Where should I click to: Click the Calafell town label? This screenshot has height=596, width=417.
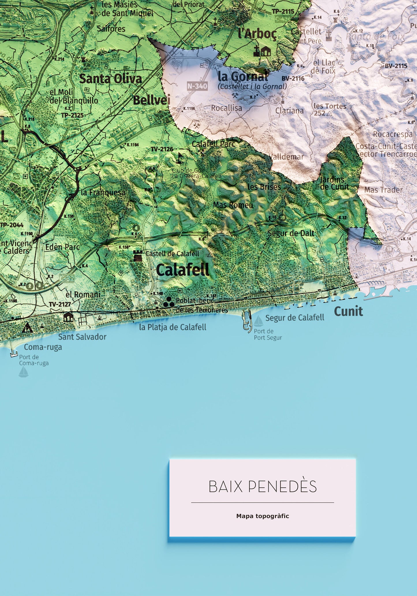[182, 270]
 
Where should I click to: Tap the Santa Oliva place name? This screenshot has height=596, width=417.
[110, 79]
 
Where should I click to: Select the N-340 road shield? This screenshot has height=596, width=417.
[197, 86]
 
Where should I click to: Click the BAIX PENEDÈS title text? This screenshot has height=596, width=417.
[262, 487]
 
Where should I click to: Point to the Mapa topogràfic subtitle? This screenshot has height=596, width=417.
[262, 516]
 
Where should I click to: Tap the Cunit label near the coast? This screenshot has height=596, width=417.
[348, 311]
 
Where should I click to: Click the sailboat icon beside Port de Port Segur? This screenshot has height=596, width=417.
[258, 321]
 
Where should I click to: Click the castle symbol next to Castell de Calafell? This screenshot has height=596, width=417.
[138, 256]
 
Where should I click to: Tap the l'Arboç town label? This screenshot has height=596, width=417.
[257, 34]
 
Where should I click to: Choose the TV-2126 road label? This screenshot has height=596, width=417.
[162, 149]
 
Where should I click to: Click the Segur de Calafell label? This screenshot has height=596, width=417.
[295, 318]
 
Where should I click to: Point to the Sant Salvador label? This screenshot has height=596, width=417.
[82, 337]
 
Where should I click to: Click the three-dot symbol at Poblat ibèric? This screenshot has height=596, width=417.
[169, 302]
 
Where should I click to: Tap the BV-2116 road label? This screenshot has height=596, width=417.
[293, 78]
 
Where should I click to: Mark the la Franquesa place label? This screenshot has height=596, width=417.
[103, 192]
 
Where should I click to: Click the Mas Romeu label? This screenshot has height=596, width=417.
[233, 205]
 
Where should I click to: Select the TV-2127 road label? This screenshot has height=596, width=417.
[60, 304]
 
